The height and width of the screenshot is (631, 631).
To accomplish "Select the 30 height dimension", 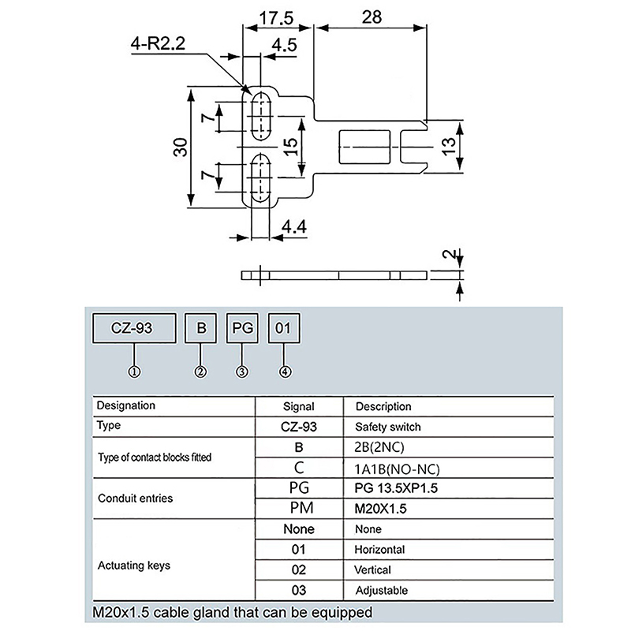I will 181,148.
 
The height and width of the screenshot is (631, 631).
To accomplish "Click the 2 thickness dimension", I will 449,256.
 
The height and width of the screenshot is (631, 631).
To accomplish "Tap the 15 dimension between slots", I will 290,147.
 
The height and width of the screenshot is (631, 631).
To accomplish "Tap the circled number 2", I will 201,371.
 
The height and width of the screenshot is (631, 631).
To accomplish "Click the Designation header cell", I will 125,406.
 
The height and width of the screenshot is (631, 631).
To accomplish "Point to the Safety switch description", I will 388,427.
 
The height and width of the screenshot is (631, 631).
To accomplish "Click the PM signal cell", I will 297,508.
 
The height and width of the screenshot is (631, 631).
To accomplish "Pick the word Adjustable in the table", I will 383,590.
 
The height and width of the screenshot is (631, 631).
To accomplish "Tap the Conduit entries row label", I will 135,498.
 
